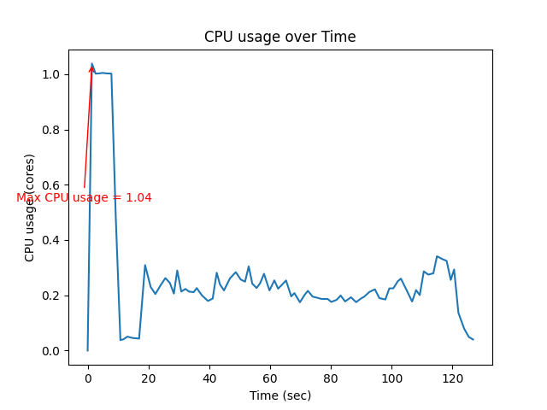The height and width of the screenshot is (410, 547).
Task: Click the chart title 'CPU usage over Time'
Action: [279, 38]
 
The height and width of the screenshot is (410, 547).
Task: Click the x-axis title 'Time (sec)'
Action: [279, 395]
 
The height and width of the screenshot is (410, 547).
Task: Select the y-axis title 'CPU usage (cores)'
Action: [30, 208]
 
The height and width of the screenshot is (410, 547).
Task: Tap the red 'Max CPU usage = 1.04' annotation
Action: [84, 197]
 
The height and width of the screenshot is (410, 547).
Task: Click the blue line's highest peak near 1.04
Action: [92, 63]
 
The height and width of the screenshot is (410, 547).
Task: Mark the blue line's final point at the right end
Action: [473, 340]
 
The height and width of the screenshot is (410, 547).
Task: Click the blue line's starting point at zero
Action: [88, 350]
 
